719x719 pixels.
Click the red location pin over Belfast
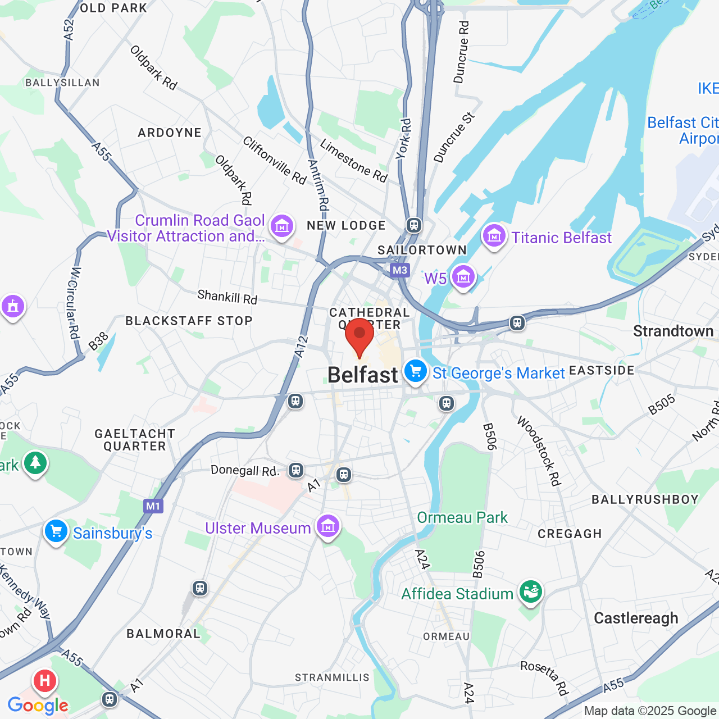coord(359,335)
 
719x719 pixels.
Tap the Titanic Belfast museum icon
coord(494,236)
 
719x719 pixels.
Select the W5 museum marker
coord(463,277)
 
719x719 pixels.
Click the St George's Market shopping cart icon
coord(416,372)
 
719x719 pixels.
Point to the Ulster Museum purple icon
coord(328,527)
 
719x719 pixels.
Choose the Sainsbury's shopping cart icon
coord(56,531)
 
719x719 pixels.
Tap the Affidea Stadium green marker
coord(530,592)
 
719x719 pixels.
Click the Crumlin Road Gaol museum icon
coord(282,226)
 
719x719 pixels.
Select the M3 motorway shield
coord(400,270)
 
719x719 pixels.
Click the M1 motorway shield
coord(153,506)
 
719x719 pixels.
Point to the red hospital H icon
coord(45,681)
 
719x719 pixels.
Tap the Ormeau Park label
coord(462,517)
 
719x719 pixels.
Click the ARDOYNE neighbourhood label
coord(170,133)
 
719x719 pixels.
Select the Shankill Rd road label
coord(227,297)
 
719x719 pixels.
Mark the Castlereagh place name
coord(636,618)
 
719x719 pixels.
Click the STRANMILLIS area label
coord(332,677)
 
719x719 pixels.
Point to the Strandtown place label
coord(673,331)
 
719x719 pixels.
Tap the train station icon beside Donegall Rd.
coord(296,470)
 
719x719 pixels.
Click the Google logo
coord(38,706)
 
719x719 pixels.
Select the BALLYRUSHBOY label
coord(645,499)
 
